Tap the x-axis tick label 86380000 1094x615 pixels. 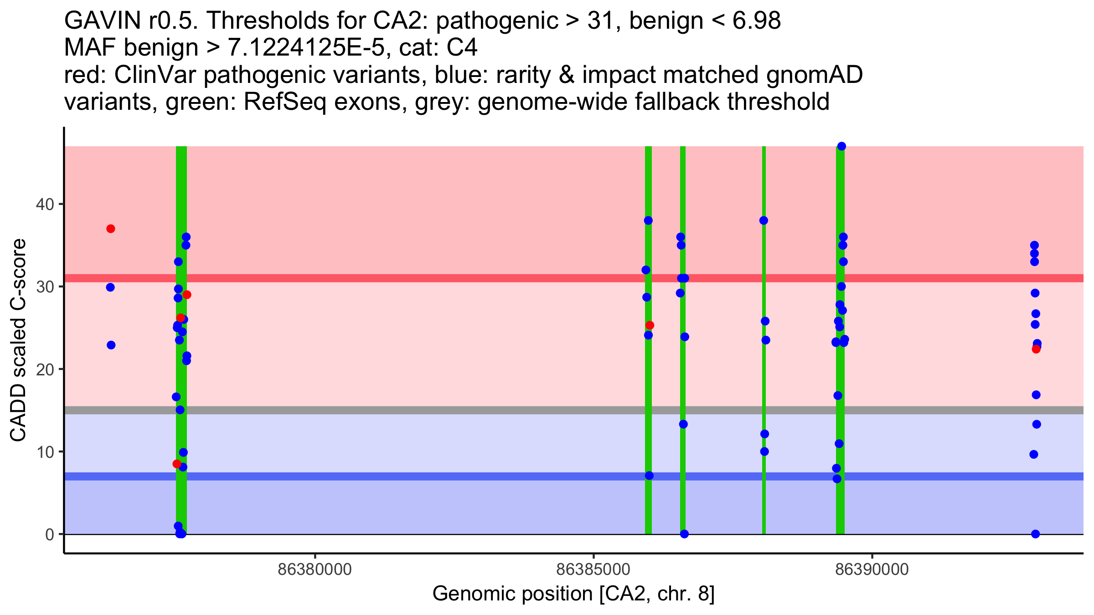click(x=315, y=569)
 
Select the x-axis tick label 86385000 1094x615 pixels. click(x=593, y=569)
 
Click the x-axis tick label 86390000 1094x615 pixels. click(x=872, y=569)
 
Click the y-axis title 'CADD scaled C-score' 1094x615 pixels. click(x=18, y=340)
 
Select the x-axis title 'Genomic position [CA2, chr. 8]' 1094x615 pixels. click(x=573, y=594)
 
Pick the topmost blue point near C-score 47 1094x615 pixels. click(x=841, y=146)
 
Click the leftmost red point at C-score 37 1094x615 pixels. click(x=111, y=229)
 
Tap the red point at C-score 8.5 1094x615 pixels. click(x=177, y=464)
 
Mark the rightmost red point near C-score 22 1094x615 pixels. click(x=1036, y=349)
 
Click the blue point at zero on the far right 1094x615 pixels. click(x=1035, y=534)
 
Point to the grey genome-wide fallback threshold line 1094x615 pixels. click(x=456, y=410)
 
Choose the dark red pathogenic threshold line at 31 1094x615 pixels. click(x=456, y=278)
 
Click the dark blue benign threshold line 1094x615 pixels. click(x=456, y=476)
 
